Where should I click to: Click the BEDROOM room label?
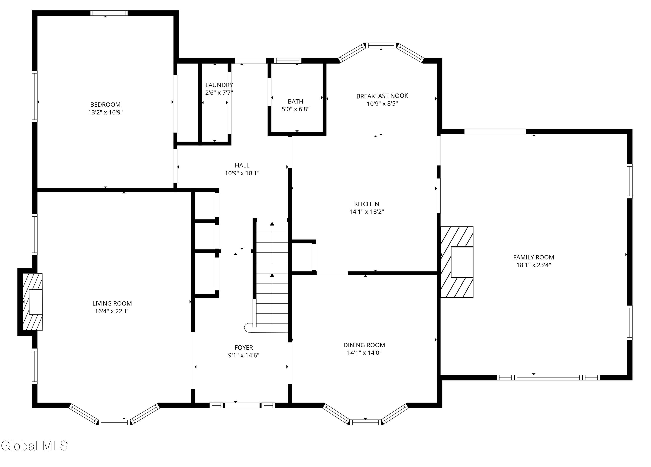[x=105, y=105]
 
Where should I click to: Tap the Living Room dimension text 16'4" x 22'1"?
[x=112, y=311]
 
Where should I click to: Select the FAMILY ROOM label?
[x=534, y=257]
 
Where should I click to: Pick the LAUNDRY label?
[x=219, y=85]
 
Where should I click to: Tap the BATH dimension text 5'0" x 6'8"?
[x=295, y=109]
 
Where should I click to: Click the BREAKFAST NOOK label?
[x=382, y=96]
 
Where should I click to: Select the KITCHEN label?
[x=367, y=204]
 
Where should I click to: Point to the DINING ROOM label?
[x=364, y=345]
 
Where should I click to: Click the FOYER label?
[x=244, y=348]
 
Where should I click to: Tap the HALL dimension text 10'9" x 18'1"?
[x=242, y=173]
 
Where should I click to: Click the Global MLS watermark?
[x=35, y=446]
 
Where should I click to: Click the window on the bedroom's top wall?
[x=109, y=13]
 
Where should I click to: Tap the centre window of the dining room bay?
[x=365, y=422]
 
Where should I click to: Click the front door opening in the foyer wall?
[x=242, y=405]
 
